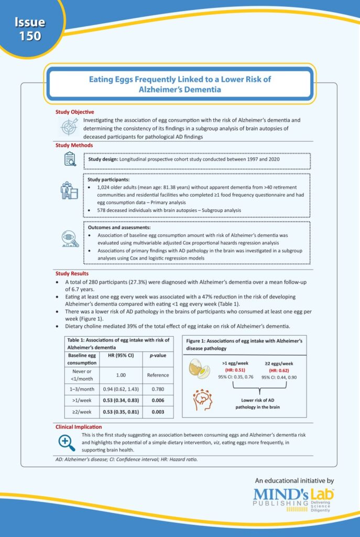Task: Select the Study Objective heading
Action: (x=75, y=112)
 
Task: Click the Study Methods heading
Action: (x=74, y=145)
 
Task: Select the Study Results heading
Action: (x=72, y=273)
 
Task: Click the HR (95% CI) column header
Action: (x=121, y=356)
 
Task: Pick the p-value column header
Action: (x=158, y=356)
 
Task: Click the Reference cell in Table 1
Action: (x=158, y=375)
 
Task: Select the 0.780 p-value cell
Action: (x=158, y=390)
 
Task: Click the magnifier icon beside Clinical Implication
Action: (x=67, y=443)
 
